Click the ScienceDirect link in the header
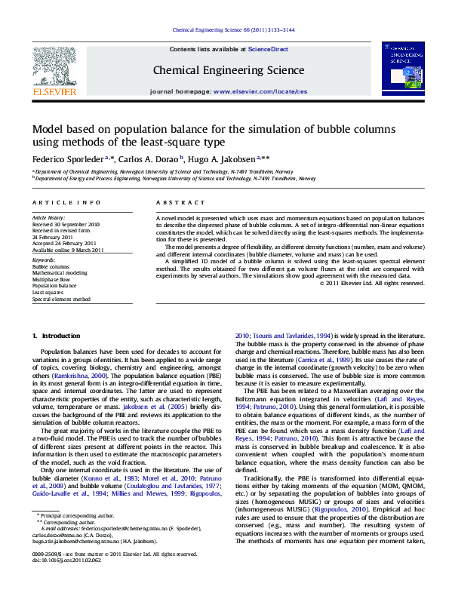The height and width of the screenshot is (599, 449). tap(269, 49)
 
